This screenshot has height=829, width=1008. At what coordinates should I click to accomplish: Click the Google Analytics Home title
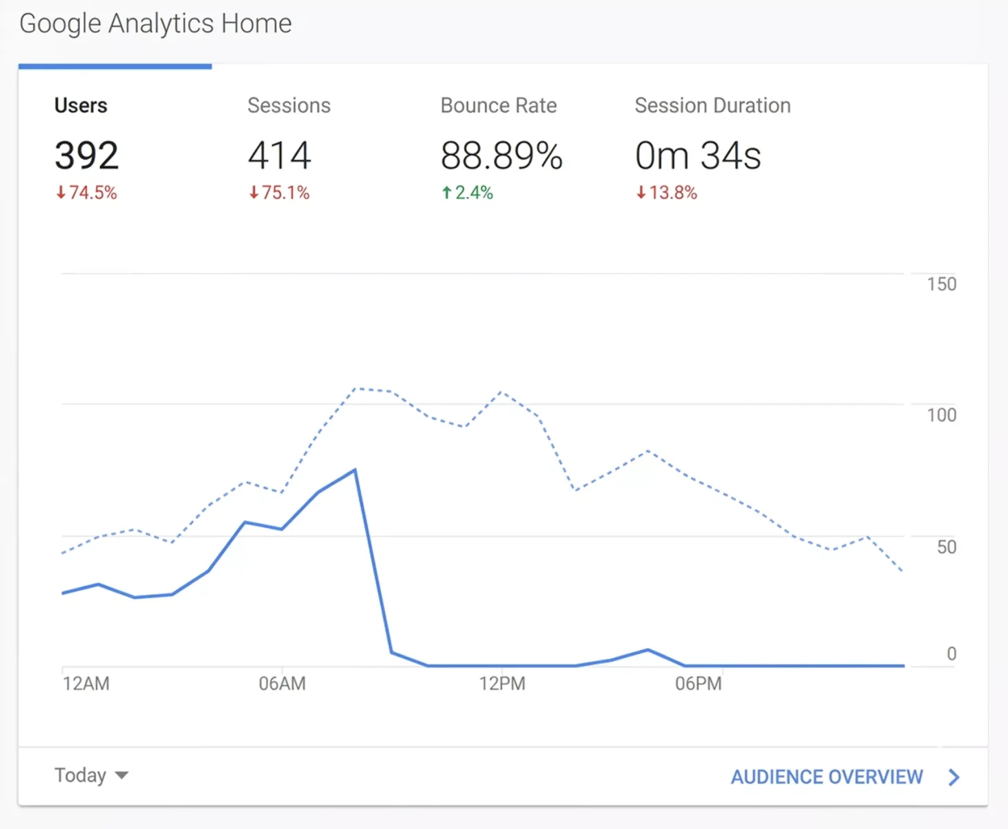click(x=155, y=23)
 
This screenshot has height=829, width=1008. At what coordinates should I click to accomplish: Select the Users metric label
click(x=81, y=105)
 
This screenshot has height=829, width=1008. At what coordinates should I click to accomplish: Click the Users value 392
click(x=86, y=155)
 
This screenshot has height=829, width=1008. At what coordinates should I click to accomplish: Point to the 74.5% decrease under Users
click(x=86, y=193)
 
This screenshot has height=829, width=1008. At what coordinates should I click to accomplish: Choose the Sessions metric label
click(x=289, y=105)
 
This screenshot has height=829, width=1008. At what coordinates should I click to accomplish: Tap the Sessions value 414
click(x=280, y=155)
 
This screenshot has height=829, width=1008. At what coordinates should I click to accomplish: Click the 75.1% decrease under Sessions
click(x=279, y=193)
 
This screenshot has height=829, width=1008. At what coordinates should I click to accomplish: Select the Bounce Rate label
click(x=498, y=105)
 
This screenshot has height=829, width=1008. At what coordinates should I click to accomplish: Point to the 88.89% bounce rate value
click(x=502, y=155)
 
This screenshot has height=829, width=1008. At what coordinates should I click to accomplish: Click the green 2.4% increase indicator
click(x=467, y=193)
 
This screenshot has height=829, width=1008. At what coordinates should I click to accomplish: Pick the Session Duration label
click(x=712, y=105)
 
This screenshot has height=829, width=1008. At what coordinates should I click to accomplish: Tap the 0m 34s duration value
click(x=698, y=155)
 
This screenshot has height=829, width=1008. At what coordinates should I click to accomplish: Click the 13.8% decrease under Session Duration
click(x=667, y=193)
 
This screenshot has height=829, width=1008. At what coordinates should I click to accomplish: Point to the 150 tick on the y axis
click(x=941, y=284)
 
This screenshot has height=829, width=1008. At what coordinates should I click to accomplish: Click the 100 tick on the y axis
click(x=941, y=415)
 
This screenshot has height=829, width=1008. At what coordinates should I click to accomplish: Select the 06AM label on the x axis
click(x=282, y=684)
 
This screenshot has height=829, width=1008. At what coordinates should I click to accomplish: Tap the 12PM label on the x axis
click(x=502, y=684)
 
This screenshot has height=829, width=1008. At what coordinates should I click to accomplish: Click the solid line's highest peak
click(x=355, y=470)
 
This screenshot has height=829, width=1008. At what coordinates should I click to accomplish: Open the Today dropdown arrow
click(x=122, y=776)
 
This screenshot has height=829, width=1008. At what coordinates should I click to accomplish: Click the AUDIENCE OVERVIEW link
click(x=827, y=777)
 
